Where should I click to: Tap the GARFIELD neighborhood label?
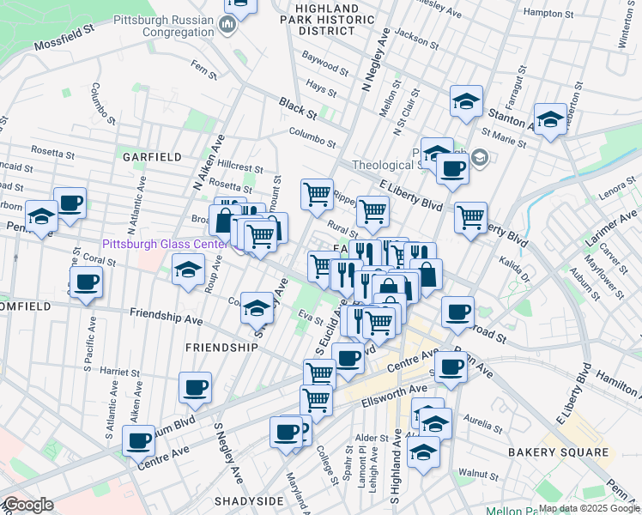click(x=152, y=157)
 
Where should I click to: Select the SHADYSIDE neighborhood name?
click(x=249, y=500)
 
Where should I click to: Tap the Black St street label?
click(x=298, y=108)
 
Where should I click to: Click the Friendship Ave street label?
click(x=167, y=316)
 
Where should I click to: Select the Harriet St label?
click(x=119, y=373)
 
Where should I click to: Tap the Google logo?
click(x=28, y=505)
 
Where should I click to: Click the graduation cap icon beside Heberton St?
click(x=549, y=119)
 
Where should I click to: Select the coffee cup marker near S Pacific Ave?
click(x=86, y=283)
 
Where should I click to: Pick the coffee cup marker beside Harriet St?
click(x=195, y=386)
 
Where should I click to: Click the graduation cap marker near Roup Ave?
click(x=187, y=270)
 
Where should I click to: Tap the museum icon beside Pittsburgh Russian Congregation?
click(x=228, y=25)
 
